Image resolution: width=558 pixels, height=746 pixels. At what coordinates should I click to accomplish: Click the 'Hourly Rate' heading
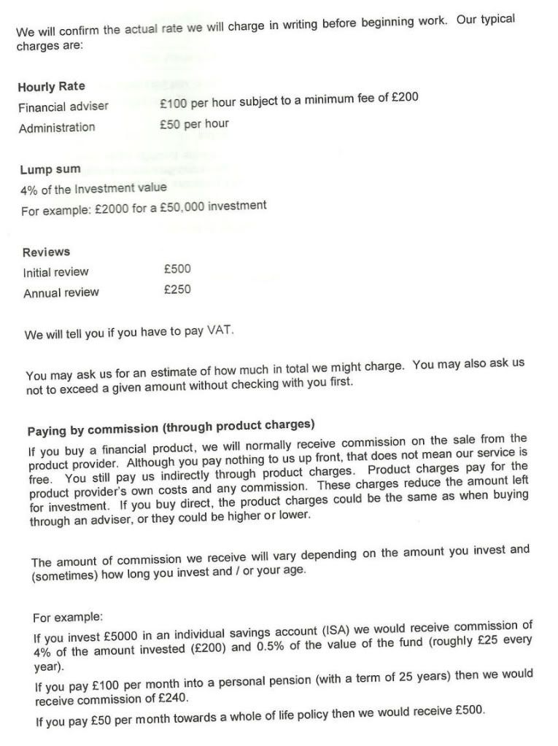coord(51,87)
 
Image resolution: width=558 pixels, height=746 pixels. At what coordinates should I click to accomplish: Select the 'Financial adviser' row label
coord(63,106)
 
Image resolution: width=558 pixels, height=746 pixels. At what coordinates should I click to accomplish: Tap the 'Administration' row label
coord(57,128)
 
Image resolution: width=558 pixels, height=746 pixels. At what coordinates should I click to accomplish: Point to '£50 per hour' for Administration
coord(194,124)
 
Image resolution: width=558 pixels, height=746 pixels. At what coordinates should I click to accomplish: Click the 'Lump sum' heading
coord(50,169)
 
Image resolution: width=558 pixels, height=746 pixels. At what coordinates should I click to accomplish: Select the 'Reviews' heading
coord(47,252)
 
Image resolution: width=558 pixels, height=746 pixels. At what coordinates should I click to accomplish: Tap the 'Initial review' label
coord(55,273)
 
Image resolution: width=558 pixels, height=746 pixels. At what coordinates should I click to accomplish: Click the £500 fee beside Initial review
coord(177,268)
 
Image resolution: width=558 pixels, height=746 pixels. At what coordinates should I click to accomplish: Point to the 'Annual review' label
coord(61,293)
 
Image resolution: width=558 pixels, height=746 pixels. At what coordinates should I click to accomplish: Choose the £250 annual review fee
coord(177,290)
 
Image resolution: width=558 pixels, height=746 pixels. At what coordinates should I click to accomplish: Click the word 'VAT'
coord(220,330)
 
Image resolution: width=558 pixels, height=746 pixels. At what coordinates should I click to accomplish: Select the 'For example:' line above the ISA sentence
coord(69,618)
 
